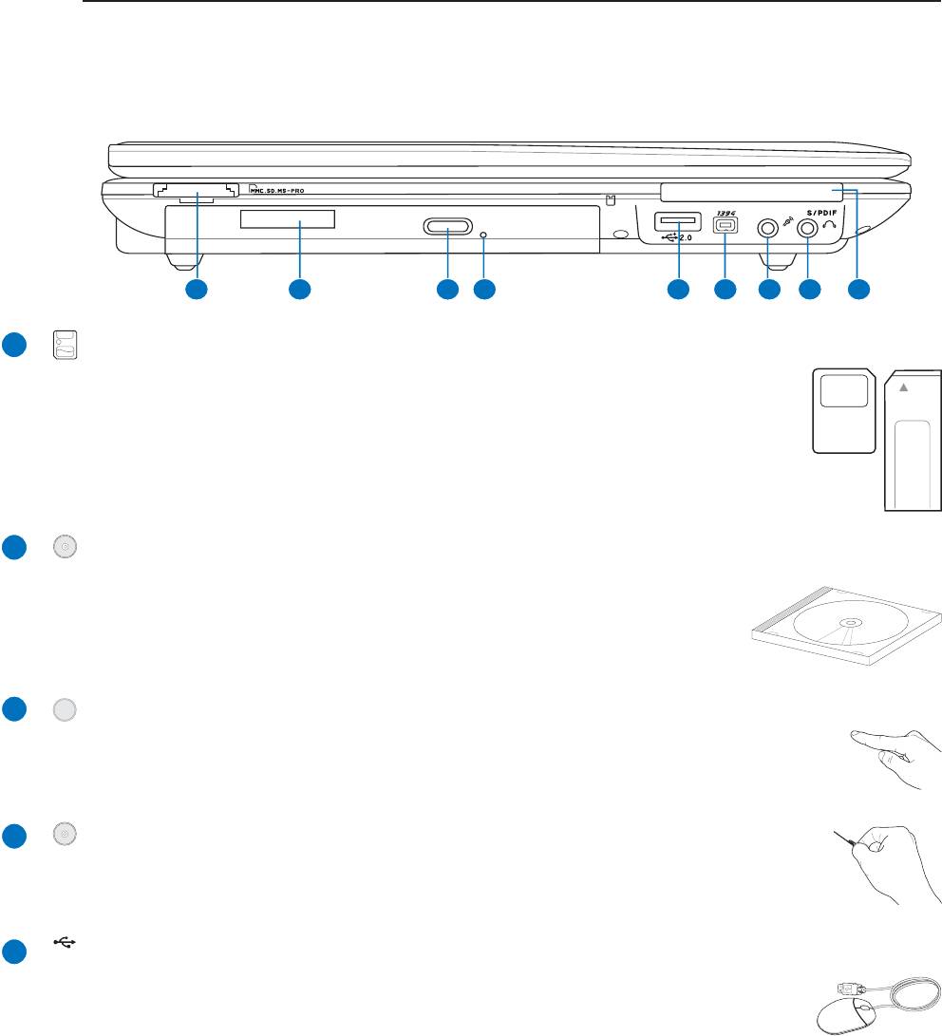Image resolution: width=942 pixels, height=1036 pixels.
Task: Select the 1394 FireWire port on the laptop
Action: (x=725, y=229)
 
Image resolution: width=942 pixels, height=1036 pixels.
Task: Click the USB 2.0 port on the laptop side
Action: (x=677, y=222)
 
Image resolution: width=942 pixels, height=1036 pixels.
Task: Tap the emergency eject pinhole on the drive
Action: (x=484, y=233)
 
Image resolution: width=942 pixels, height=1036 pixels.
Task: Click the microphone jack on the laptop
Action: (x=766, y=229)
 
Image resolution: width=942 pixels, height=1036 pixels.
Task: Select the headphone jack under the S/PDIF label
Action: (x=807, y=229)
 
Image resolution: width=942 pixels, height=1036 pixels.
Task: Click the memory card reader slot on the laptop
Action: (x=197, y=191)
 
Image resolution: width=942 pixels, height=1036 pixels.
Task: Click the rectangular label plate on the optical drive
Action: (x=288, y=220)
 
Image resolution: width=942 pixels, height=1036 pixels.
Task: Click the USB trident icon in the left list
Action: (x=65, y=944)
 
